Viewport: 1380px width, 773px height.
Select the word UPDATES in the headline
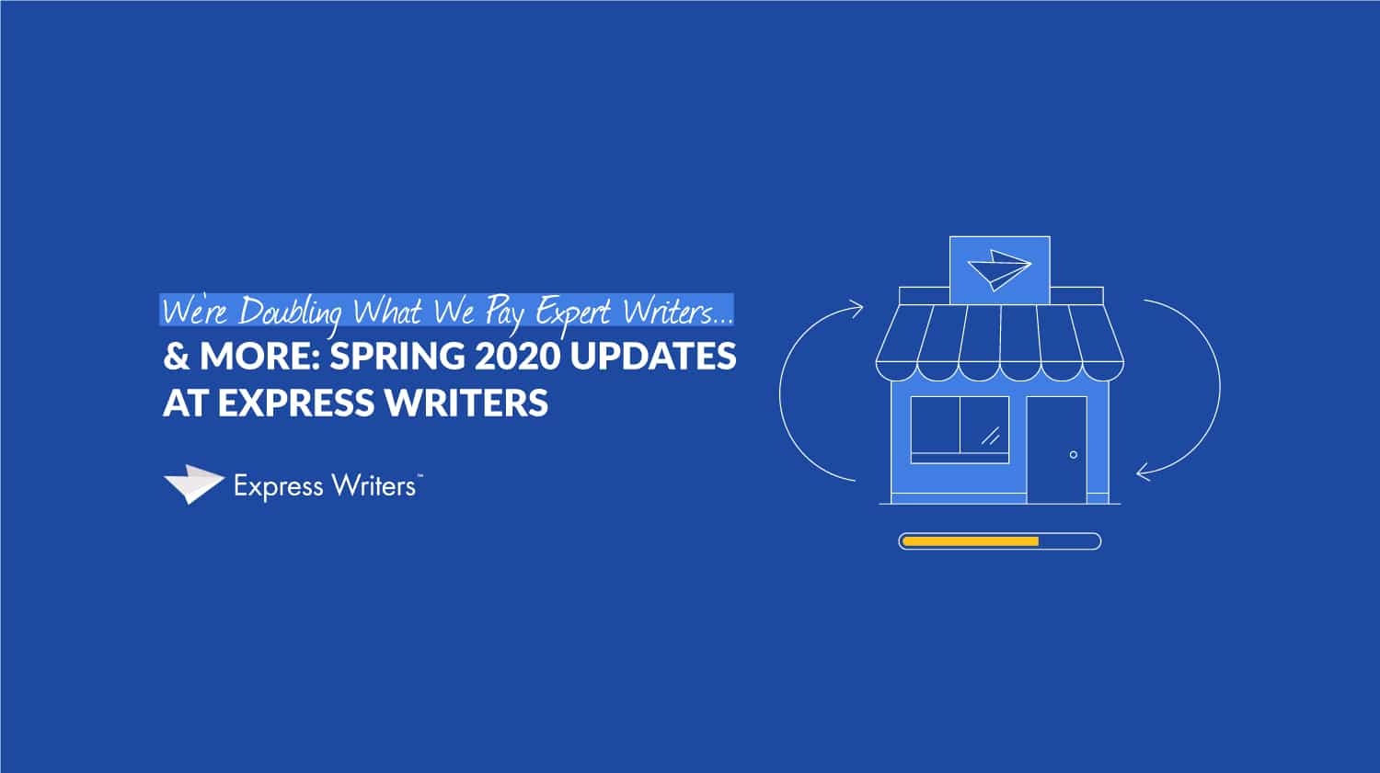pos(653,357)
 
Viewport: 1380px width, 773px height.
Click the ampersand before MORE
pos(177,357)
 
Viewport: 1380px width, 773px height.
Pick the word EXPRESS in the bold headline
pos(296,404)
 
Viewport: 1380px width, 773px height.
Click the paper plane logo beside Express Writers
pos(193,484)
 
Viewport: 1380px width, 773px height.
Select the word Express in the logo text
pos(279,487)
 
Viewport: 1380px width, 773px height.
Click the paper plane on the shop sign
pos(999,269)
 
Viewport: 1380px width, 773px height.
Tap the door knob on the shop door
pos(1074,455)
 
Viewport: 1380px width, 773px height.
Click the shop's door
pos(1056,449)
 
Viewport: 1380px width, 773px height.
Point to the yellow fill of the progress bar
pos(971,541)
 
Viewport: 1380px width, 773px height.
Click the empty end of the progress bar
pos(1069,541)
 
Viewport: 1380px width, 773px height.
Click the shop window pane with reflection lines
pos(984,425)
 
